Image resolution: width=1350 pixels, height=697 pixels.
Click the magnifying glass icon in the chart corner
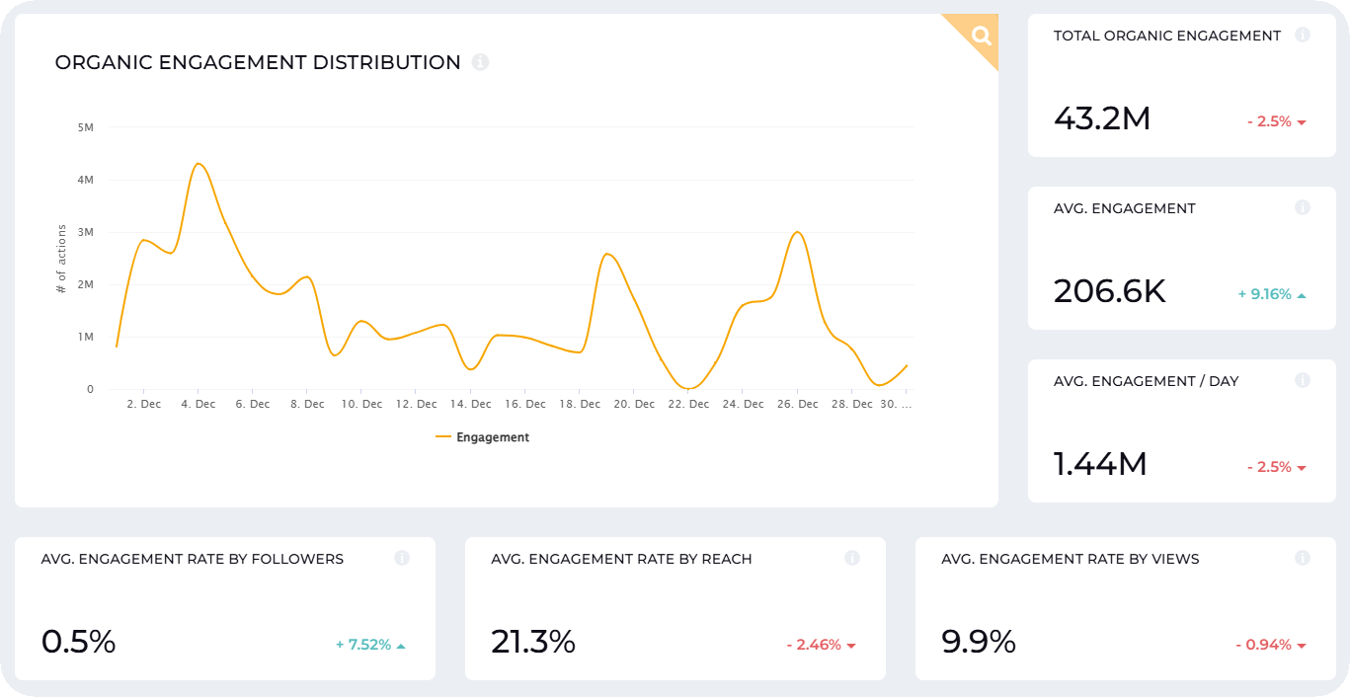click(981, 37)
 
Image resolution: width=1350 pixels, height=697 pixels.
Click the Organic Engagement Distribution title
click(258, 63)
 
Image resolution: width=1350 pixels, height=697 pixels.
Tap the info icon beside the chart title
click(480, 62)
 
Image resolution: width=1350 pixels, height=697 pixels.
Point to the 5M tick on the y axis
click(85, 127)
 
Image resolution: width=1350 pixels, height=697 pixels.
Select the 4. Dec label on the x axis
click(199, 405)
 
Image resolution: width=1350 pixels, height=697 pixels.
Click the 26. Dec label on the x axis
click(798, 405)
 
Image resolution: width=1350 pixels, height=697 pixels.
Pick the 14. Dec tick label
click(470, 405)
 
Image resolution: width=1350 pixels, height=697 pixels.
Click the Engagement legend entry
click(483, 437)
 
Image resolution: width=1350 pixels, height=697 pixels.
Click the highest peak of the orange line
click(199, 164)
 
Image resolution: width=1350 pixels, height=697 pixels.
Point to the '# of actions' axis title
click(61, 260)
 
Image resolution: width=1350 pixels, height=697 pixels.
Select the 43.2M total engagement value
click(1102, 119)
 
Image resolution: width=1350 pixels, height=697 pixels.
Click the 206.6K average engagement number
click(1109, 292)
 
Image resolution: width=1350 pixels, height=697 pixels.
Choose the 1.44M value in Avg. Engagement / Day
click(1100, 464)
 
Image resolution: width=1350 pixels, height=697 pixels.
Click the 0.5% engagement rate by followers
click(79, 643)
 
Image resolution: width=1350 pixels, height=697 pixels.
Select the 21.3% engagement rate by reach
click(533, 643)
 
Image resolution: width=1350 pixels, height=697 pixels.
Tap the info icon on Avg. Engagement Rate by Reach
click(852, 559)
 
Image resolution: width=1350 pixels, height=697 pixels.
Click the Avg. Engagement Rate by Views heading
click(1070, 559)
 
